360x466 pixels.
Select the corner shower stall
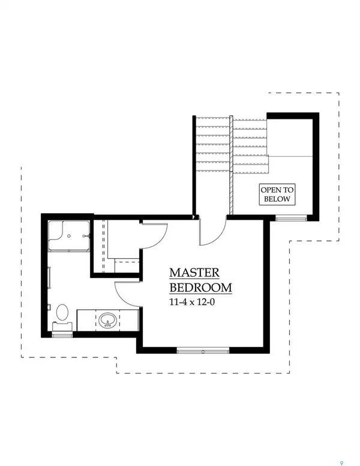(68, 235)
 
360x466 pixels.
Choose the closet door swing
(154, 234)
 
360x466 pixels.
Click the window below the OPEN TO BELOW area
(287, 219)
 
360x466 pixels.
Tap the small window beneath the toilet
(62, 335)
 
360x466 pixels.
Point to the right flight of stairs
(249, 144)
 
